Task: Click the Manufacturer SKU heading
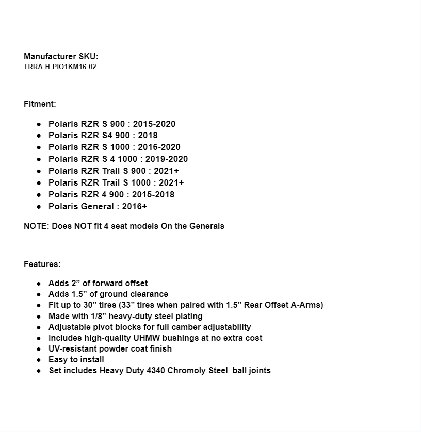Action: pyautogui.click(x=61, y=56)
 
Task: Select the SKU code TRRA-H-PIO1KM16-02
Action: pyautogui.click(x=60, y=67)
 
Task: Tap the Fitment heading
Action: pyautogui.click(x=40, y=104)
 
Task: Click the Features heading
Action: pyautogui.click(x=42, y=264)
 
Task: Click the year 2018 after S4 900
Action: pyautogui.click(x=148, y=136)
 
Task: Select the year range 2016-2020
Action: pyautogui.click(x=159, y=147)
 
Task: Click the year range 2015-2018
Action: pyautogui.click(x=153, y=195)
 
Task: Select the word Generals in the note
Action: pyautogui.click(x=206, y=226)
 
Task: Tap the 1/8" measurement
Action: pyautogui.click(x=96, y=316)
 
